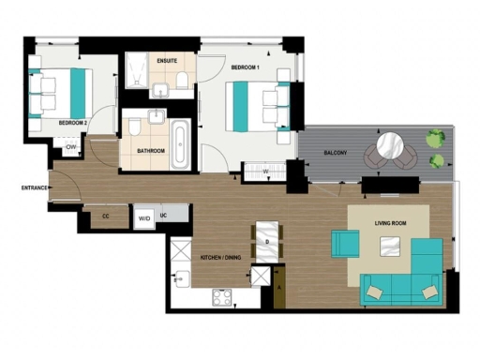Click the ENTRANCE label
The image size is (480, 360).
(34, 187)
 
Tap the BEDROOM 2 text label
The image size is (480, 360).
(73, 123)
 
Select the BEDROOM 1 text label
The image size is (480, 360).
(245, 67)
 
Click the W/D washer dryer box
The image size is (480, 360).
(144, 217)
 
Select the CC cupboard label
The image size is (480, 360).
(105, 217)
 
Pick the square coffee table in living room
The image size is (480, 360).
(388, 247)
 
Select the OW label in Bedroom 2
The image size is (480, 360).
(71, 148)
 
